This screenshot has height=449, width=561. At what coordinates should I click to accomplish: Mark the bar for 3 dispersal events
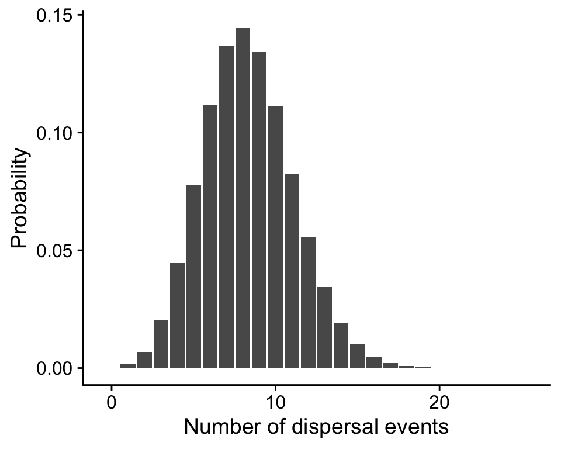pos(161,344)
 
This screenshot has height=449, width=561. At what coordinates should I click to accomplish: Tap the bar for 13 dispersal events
pos(324,327)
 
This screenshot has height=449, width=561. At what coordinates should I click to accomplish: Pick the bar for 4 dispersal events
pos(177,316)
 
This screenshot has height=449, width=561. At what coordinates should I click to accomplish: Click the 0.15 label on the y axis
pos(51,16)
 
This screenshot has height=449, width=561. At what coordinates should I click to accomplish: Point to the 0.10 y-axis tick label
pos(51,133)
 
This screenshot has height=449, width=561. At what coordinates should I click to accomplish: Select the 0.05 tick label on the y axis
pos(51,251)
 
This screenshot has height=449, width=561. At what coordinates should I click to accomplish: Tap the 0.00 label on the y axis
pos(51,368)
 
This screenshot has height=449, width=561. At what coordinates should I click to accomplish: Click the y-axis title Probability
pos(20,198)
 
